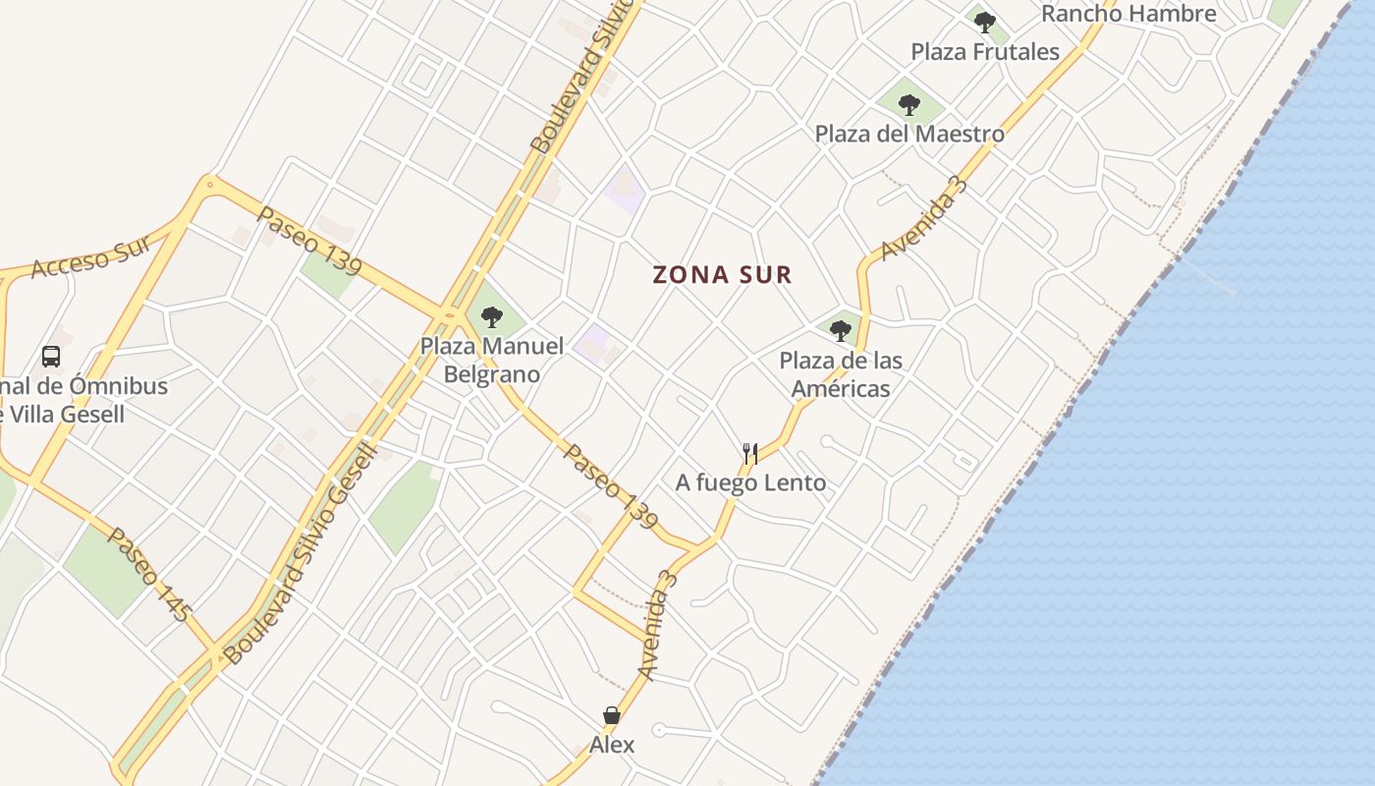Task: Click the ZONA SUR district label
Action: (x=722, y=275)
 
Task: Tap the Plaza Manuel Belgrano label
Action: (x=492, y=360)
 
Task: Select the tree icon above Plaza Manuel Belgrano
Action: (x=492, y=316)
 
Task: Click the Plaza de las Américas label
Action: (x=840, y=374)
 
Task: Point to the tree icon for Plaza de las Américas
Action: (x=841, y=330)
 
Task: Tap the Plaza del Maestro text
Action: (x=909, y=134)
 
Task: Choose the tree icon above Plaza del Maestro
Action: (x=909, y=103)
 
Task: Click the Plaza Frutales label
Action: (x=985, y=52)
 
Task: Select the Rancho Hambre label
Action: (x=1128, y=14)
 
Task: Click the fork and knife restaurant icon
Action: (x=750, y=453)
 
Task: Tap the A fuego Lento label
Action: (x=750, y=482)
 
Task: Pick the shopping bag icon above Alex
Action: (x=612, y=715)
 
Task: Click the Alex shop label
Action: (x=612, y=745)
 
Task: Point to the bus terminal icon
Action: (x=51, y=357)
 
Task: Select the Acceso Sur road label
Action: (x=90, y=255)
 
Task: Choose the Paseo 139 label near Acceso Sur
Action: (x=308, y=241)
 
